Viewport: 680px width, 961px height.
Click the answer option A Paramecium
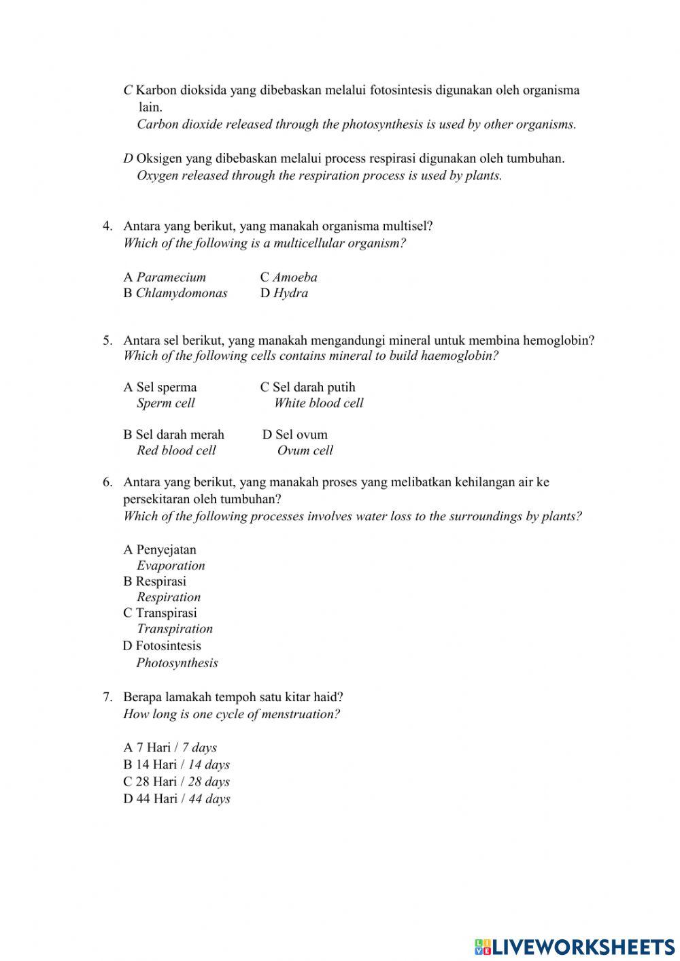pos(165,277)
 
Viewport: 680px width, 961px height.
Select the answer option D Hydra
pos(284,293)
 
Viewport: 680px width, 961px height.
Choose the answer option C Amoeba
pos(288,277)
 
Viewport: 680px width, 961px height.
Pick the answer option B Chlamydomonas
pos(175,293)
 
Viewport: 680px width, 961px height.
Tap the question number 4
pos(107,226)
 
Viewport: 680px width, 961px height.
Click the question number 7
pos(107,697)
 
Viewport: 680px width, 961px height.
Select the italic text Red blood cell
pos(176,450)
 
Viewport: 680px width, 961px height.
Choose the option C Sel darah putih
pos(307,387)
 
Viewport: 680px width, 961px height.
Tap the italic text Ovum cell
pos(305,450)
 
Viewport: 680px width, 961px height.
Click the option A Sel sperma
pos(160,387)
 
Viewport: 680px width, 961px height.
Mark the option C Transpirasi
pos(160,613)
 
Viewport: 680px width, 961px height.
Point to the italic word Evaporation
pos(171,565)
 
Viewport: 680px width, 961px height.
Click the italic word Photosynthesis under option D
pos(177,662)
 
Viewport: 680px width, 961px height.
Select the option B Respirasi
pos(154,581)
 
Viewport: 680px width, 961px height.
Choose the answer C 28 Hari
pos(176,781)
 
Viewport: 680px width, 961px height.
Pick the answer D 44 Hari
pos(176,798)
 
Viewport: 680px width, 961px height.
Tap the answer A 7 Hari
pos(169,747)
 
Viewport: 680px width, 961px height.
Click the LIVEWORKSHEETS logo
pos(575,946)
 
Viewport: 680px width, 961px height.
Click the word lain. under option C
pos(150,107)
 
